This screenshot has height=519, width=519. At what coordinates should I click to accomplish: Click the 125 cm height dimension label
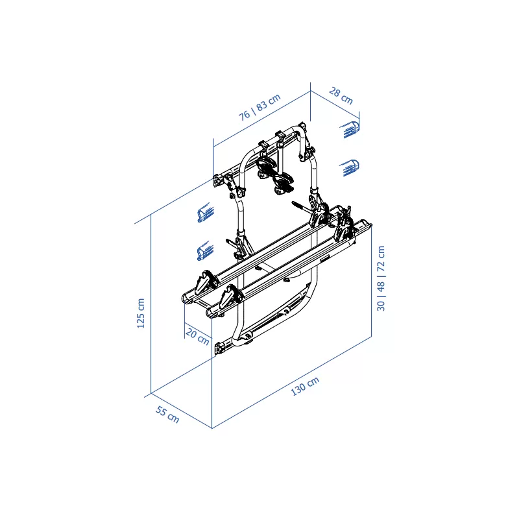click(x=141, y=313)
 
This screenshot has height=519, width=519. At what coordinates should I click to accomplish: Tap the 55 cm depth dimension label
click(x=167, y=415)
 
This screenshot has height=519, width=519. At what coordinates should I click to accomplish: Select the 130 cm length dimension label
click(x=305, y=386)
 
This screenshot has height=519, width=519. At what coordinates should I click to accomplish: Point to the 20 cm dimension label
click(x=198, y=337)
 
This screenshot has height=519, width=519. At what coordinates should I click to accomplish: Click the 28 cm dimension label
click(x=341, y=95)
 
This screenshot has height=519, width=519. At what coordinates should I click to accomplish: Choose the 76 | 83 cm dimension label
click(x=260, y=107)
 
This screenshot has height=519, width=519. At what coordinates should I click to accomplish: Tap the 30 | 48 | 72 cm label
click(x=381, y=278)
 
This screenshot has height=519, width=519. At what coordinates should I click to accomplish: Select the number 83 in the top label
click(x=261, y=106)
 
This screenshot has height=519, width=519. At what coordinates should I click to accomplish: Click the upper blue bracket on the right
click(x=350, y=129)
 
